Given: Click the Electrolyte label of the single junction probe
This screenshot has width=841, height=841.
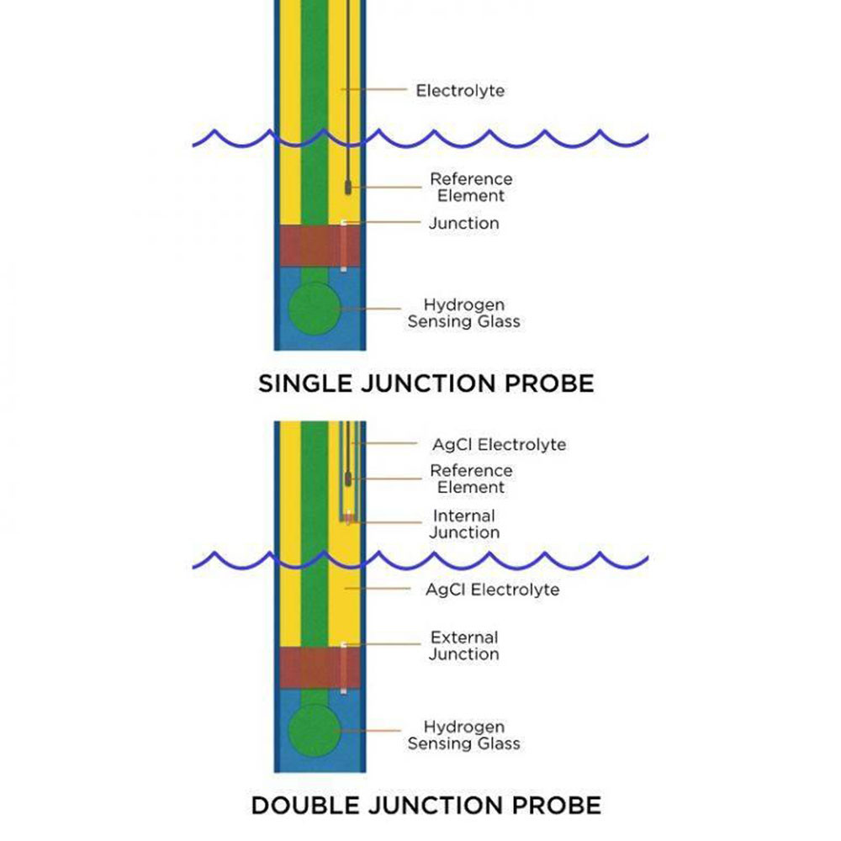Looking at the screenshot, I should pos(460,90).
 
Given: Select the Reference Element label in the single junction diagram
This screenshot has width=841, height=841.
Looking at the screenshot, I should pos(470,188).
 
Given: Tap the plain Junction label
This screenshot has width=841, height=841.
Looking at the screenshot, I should pos(463,223).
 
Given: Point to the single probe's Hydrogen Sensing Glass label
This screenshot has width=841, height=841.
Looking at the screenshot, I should pos(463,313).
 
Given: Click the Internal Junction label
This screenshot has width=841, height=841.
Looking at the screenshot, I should pos(463,524).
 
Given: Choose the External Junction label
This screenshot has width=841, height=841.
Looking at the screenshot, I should pos(463,646).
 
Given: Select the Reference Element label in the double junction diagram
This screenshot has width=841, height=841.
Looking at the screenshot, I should pos(470,479).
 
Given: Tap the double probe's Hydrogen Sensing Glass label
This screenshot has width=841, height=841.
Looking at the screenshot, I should pos(463,735).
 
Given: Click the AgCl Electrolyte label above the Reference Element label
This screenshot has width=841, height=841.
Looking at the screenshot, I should pos(499,444).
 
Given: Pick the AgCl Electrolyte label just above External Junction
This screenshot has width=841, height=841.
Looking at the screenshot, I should pos(492,590).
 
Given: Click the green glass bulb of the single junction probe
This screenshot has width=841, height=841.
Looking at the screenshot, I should pos(314,308).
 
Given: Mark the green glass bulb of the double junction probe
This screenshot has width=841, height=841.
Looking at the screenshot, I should pos(314,729).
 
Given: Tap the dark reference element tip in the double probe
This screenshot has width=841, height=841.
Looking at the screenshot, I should pos(347,479).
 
